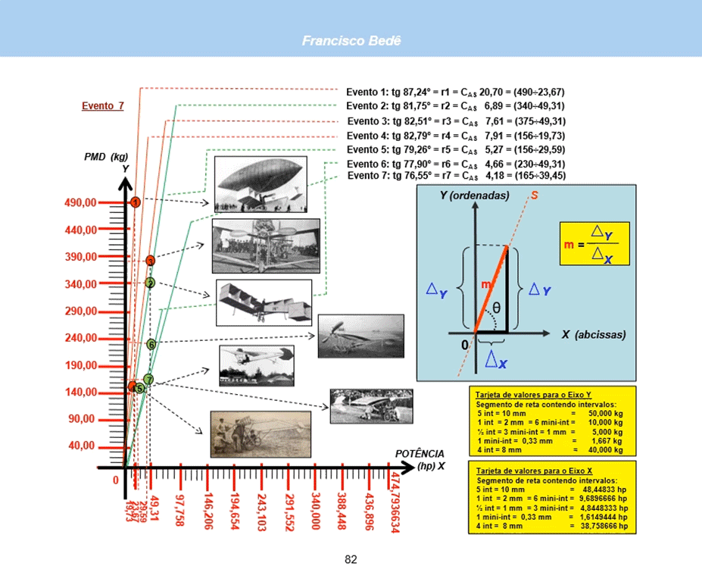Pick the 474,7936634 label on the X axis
click(395, 502)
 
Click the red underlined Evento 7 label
click(102, 106)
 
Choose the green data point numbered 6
click(151, 344)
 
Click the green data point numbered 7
click(148, 380)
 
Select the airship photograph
click(260, 184)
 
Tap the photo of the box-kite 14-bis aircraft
click(264, 302)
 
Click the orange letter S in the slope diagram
click(535, 196)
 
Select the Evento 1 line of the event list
click(455, 92)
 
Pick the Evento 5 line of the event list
click(455, 149)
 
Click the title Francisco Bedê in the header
click(351, 40)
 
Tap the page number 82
click(351, 560)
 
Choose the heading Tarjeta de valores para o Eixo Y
click(534, 395)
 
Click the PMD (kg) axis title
click(106, 157)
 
